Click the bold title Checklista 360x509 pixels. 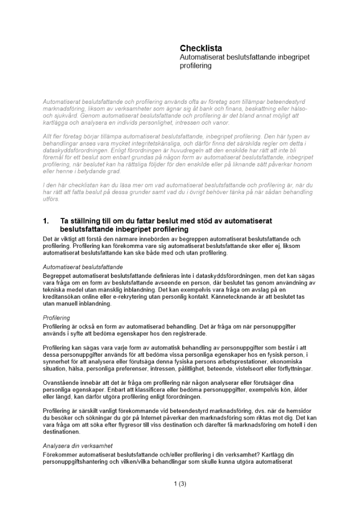pyautogui.click(x=201, y=48)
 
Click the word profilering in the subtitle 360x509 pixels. pyautogui.click(x=196, y=66)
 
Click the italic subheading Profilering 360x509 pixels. pyautogui.click(x=57, y=318)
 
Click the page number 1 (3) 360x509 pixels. pyautogui.click(x=180, y=484)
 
